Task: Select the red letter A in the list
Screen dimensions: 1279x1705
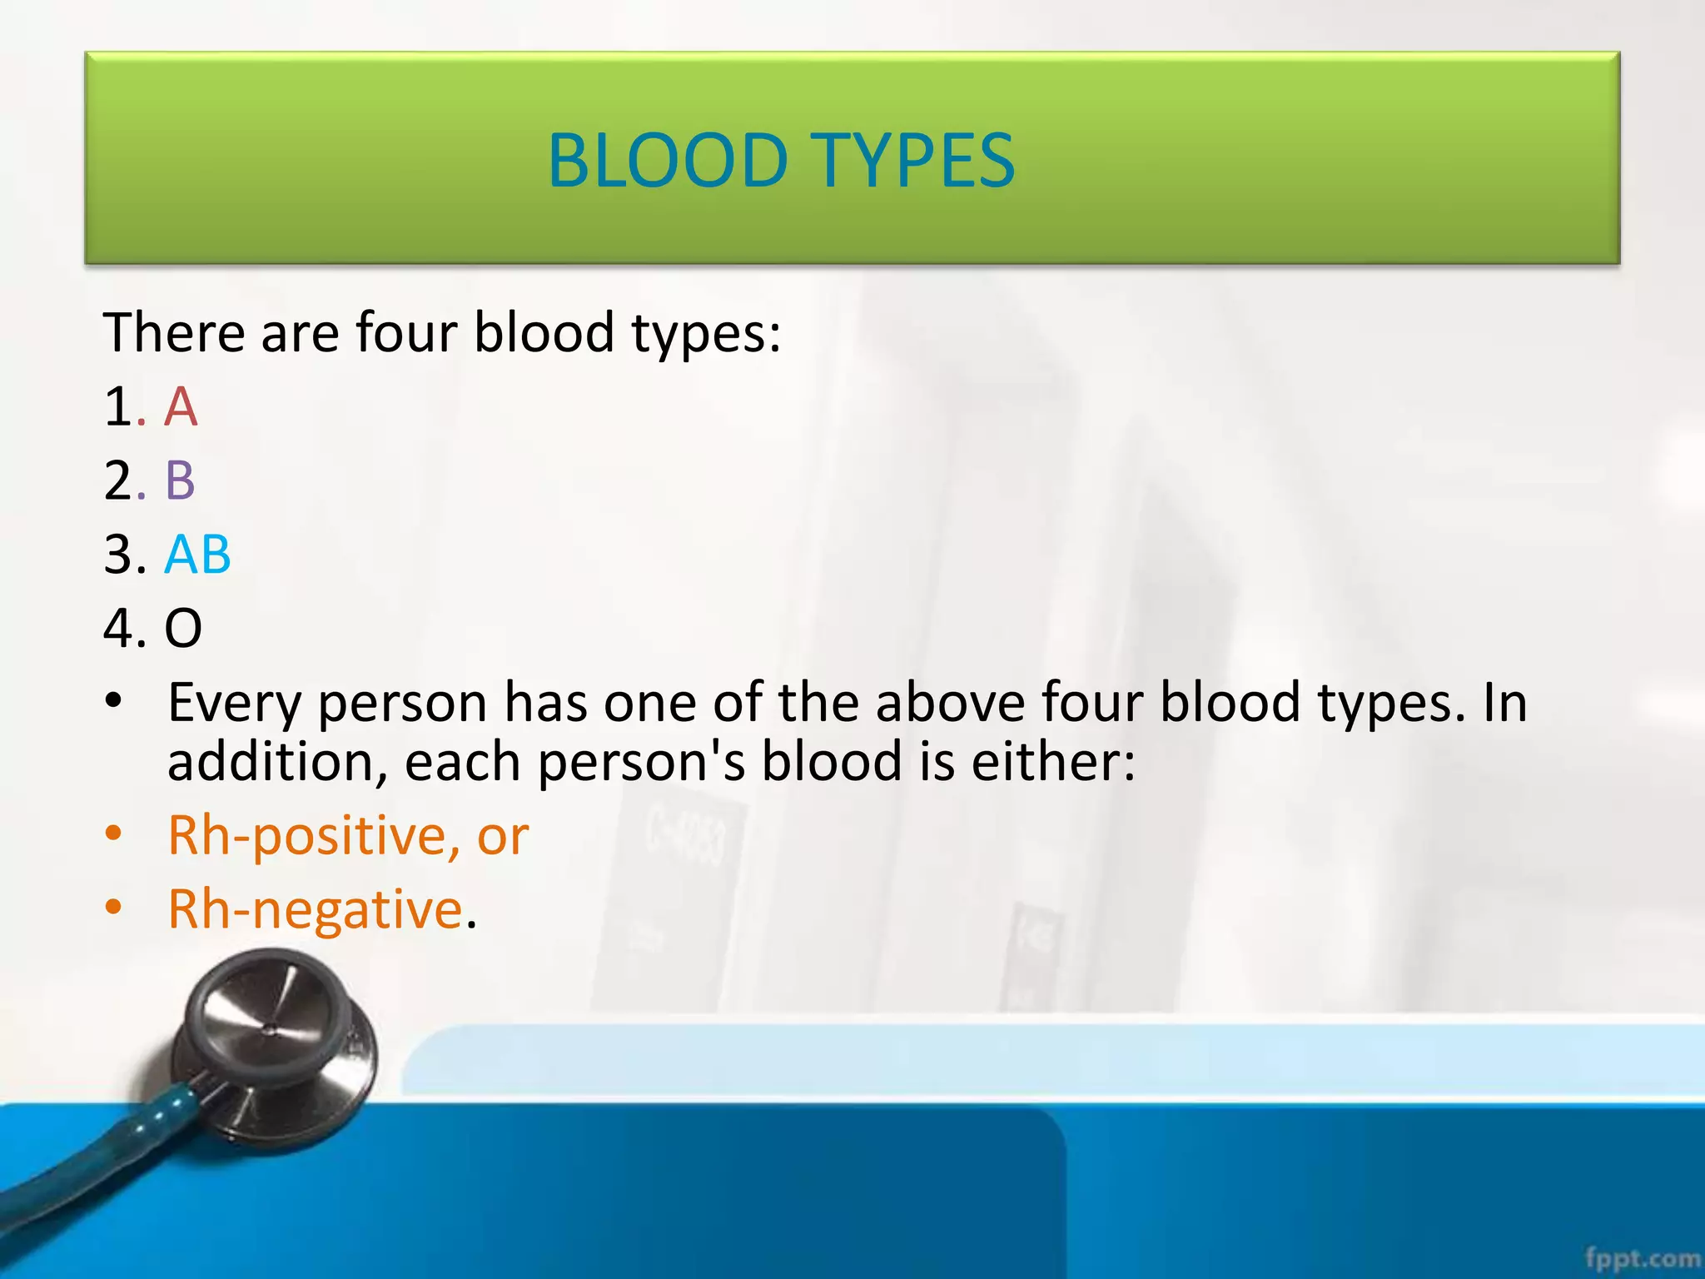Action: [181, 406]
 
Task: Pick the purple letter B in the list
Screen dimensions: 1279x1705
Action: [180, 480]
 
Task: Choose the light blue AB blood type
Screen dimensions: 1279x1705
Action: [197, 554]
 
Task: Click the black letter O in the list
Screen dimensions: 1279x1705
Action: [183, 628]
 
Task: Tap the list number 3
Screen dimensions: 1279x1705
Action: [119, 554]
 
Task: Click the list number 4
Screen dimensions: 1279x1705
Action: [120, 628]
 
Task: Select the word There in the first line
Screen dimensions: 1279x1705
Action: [173, 332]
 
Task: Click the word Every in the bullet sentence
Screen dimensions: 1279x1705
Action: [234, 703]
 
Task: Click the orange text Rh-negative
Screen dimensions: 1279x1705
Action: [315, 908]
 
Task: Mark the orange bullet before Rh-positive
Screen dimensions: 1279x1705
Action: [113, 834]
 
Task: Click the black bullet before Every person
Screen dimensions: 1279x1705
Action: [113, 701]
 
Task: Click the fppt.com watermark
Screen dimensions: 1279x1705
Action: [1643, 1257]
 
